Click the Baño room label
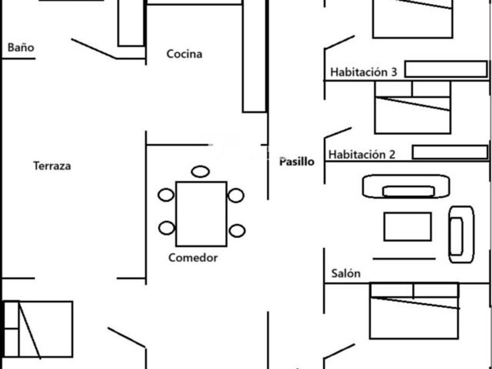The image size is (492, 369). [x=20, y=47]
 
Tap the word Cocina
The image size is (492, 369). [x=184, y=54]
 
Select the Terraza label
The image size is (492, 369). [x=52, y=166]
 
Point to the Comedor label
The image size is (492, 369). [x=193, y=258]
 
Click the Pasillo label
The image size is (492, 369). [x=296, y=161]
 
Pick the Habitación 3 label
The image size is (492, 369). [x=364, y=72]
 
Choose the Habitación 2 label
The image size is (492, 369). [x=361, y=155]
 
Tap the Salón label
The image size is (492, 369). [x=346, y=274]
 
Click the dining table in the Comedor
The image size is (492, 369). [x=201, y=214]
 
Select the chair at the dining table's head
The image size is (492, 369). [x=200, y=172]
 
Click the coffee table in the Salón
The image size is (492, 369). [x=407, y=226]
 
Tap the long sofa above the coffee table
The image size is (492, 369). [x=407, y=187]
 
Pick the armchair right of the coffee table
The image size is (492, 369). [x=461, y=234]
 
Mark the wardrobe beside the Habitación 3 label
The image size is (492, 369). [x=446, y=69]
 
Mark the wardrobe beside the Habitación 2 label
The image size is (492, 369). [x=450, y=152]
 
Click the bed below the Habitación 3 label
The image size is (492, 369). [x=412, y=108]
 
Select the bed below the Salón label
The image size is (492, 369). [x=414, y=310]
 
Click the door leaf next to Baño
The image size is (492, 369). [x=94, y=49]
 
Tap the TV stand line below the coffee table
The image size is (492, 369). [x=404, y=258]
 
